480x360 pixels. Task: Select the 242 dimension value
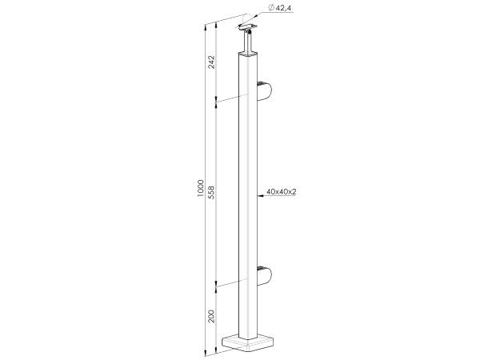pyautogui.click(x=212, y=62)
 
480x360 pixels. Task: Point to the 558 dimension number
pyautogui.click(x=212, y=194)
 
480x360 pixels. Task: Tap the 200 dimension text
pyautogui.click(x=212, y=315)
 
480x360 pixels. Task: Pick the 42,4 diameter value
pyautogui.click(x=286, y=7)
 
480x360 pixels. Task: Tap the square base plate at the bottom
pyautogui.click(x=250, y=344)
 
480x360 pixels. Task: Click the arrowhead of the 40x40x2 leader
pyautogui.click(x=257, y=193)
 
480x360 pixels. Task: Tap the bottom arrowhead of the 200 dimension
pyautogui.click(x=218, y=350)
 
